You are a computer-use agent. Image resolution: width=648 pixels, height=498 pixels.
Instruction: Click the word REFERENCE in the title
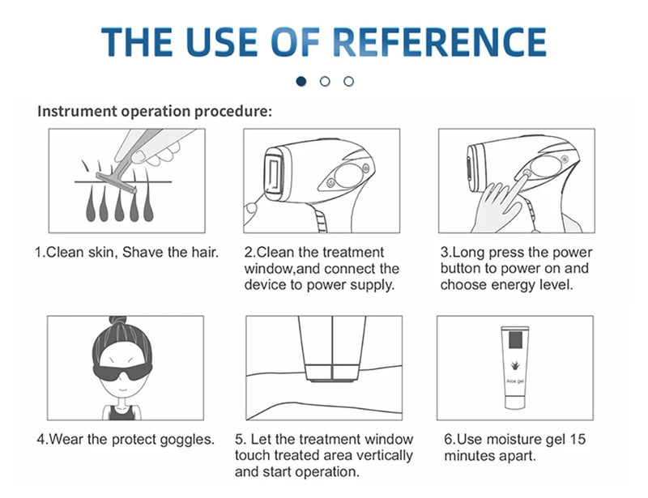(439, 42)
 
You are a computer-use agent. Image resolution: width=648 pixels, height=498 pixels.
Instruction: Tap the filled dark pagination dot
(301, 82)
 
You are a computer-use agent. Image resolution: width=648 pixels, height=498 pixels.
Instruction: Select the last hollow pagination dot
(349, 82)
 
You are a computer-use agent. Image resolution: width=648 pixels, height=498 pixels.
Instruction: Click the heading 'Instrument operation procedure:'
(155, 111)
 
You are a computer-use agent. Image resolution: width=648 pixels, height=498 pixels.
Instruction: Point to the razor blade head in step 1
(116, 183)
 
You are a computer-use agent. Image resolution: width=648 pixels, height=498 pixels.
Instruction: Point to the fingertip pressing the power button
(526, 174)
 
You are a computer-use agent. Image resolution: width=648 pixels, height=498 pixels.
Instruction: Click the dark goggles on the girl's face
(122, 371)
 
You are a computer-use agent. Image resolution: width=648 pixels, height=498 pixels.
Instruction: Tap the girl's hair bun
(117, 320)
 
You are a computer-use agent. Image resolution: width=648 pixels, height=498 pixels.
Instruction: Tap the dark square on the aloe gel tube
(515, 340)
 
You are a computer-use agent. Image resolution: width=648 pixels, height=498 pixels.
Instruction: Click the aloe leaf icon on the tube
(515, 366)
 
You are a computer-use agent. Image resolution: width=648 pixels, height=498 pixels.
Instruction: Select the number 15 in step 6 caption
(578, 439)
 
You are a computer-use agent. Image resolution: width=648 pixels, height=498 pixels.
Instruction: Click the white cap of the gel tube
(515, 402)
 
